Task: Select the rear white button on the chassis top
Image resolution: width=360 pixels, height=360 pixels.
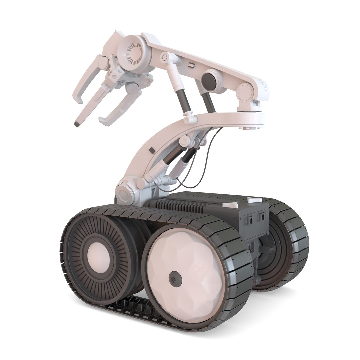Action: click(254, 200)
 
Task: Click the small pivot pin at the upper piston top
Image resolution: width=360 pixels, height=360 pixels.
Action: click(164, 58)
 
